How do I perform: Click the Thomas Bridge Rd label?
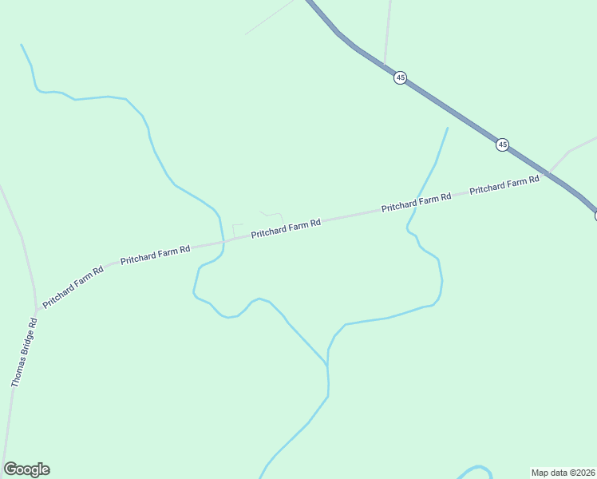24,353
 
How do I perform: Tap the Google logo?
26,469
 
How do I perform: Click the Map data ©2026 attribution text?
563,473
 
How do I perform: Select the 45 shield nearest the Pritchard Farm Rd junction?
502,144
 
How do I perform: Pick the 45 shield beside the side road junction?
400,77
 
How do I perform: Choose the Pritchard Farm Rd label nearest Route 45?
504,185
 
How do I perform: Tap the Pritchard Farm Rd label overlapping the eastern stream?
416,202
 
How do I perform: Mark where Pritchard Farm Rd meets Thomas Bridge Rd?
37,311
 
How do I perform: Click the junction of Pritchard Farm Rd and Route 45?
549,172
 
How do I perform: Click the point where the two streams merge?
327,365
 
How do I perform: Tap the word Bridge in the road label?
26,348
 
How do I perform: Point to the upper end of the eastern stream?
448,128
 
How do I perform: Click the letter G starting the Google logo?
10,469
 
